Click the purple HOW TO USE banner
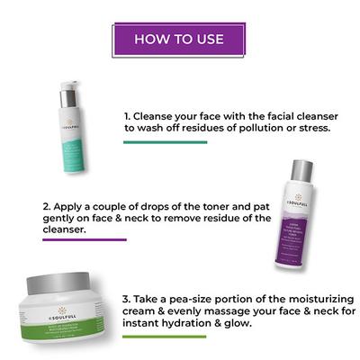(180, 40)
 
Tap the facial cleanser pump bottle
(74, 130)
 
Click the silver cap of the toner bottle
(301, 170)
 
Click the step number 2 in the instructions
(20, 204)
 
